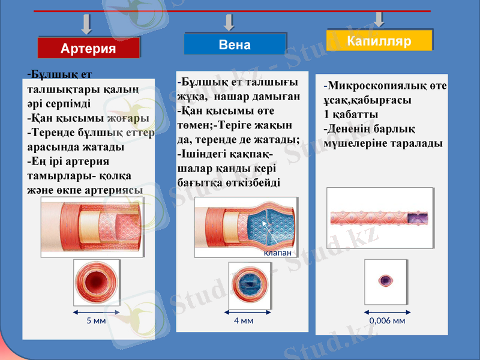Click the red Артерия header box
tap(88, 48)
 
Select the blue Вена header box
tap(235, 45)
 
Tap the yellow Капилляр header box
tap(379, 41)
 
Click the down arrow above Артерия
tap(87, 25)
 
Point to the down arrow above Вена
tap(229, 23)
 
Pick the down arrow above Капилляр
tap(379, 19)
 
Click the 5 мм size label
tap(96, 320)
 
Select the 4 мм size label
tap(244, 320)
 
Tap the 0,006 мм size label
tap(387, 320)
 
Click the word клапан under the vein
tap(278, 253)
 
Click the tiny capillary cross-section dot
tap(385, 280)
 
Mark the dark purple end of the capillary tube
tap(418, 217)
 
